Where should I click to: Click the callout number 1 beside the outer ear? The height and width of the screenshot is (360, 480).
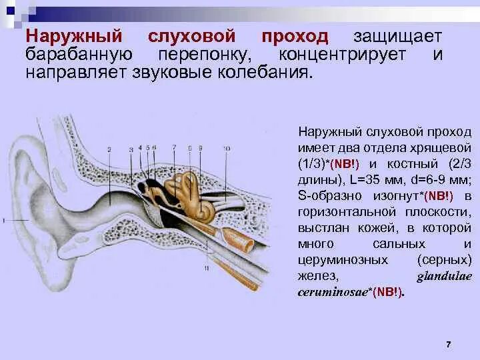click(x=3, y=219)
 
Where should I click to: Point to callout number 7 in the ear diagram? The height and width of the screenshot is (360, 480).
click(x=174, y=147)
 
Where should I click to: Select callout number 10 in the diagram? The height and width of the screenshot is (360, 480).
click(x=227, y=147)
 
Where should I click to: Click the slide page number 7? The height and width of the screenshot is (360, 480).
click(x=449, y=343)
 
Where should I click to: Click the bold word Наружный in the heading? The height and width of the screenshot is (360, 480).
click(x=74, y=37)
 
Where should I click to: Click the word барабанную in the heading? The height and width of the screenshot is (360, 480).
click(x=79, y=54)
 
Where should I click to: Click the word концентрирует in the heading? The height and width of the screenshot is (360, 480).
click(x=343, y=54)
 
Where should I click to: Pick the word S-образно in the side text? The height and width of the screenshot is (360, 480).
click(x=325, y=195)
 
